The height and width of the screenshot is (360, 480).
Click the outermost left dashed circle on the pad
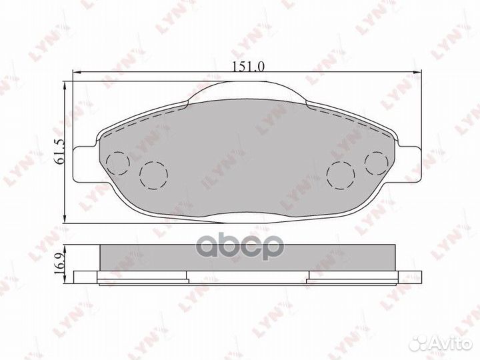click(118, 162)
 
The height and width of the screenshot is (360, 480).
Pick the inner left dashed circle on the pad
click(153, 175)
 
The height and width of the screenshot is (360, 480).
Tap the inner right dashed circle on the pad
click(341, 175)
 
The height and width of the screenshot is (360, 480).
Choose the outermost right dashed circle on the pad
click(377, 162)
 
